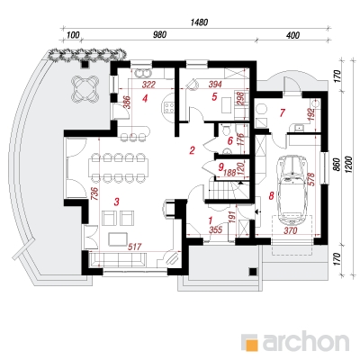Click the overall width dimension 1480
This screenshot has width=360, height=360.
199,22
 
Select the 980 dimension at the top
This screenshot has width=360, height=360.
159,35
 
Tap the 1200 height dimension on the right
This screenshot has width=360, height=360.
348,164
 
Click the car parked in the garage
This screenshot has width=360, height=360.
293,190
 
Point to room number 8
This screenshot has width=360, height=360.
271,196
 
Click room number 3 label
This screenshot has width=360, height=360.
116,202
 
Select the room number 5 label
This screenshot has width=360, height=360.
214,97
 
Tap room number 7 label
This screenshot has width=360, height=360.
282,112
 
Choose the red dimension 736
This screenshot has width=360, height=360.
94,194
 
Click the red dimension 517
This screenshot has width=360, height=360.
134,247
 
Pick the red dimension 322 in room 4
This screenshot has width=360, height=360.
148,85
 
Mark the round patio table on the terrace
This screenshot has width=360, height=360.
85,88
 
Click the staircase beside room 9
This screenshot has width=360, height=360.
228,190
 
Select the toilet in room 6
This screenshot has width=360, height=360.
226,130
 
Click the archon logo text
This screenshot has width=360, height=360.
306,340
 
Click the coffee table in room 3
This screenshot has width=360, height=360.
118,238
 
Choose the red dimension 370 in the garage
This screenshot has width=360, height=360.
290,230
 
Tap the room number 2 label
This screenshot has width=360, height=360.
193,150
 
